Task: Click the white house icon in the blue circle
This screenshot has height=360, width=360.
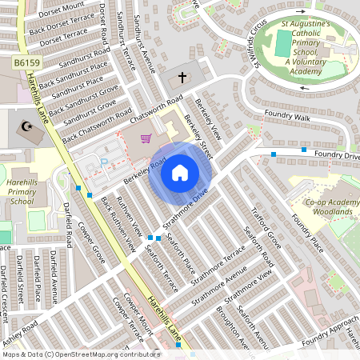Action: (x=180, y=172)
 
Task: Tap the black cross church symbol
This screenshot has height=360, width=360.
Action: (x=182, y=78)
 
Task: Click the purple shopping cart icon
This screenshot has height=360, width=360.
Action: (x=146, y=139)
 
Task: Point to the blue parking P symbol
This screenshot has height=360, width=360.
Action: (x=103, y=163)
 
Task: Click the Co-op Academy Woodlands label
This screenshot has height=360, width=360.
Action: (x=332, y=206)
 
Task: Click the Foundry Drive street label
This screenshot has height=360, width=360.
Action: (x=336, y=154)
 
